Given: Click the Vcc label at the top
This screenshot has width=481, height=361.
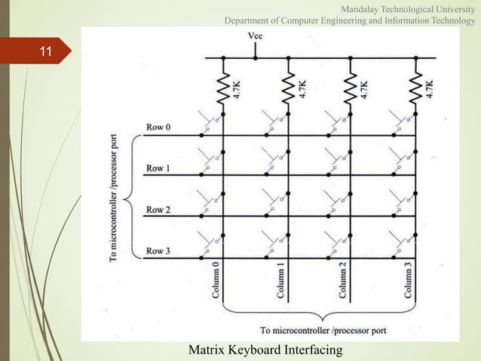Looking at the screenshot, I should [x=256, y=35].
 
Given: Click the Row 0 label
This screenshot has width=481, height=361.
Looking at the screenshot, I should [x=158, y=128].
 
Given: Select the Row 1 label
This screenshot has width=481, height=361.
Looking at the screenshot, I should [x=158, y=168].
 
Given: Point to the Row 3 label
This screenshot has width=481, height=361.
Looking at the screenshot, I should [x=158, y=250].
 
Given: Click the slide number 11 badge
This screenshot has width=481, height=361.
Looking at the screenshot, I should [x=45, y=52].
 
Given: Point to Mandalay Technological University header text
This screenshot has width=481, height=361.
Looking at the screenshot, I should [x=409, y=8].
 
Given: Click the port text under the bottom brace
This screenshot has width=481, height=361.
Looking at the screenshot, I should [x=323, y=330].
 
